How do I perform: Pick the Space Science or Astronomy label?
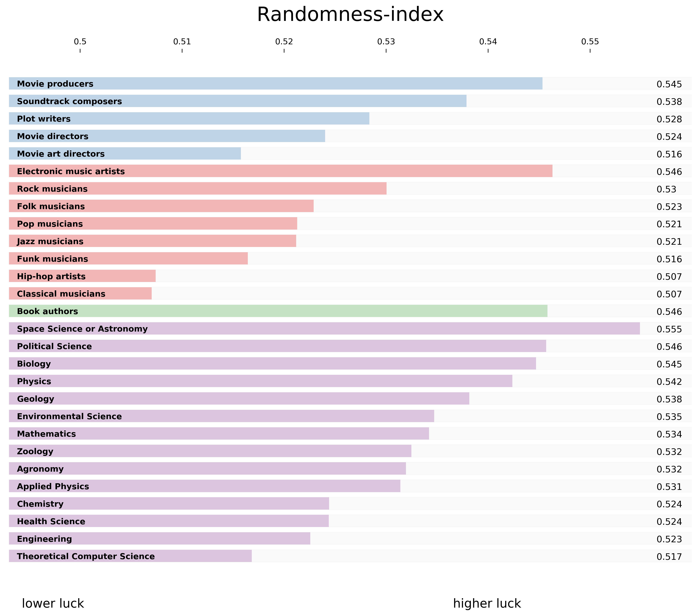82,329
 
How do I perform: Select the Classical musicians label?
61,294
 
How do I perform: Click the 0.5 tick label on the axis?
80,42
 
